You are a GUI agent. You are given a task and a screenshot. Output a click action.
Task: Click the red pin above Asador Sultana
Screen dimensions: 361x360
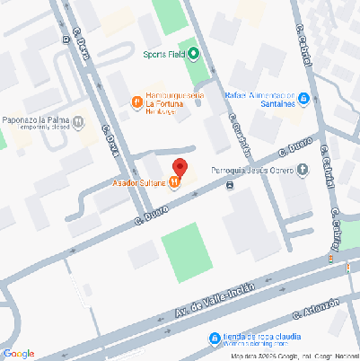[x=180, y=167]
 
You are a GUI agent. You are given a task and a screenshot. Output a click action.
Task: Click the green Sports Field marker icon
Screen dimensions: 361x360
[x=192, y=53]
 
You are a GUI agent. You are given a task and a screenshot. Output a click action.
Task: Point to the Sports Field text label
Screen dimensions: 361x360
[x=163, y=53]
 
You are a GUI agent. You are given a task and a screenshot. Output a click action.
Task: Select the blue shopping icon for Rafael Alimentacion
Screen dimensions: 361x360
[x=303, y=98]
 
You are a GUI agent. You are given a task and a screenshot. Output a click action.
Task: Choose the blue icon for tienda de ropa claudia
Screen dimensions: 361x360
[x=214, y=339]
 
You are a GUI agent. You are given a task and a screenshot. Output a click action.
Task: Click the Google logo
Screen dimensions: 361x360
[x=19, y=353]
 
